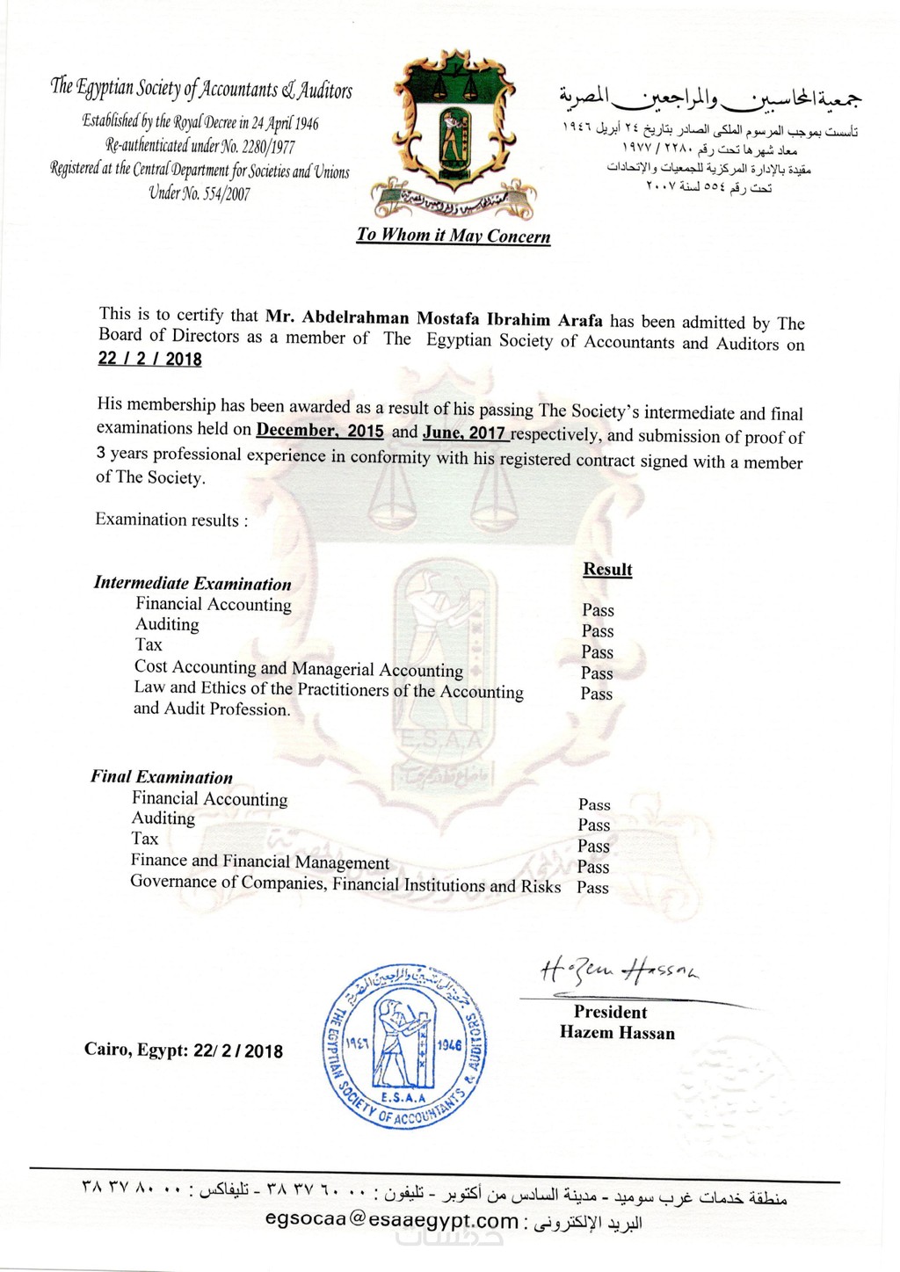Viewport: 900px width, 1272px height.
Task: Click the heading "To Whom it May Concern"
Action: (x=454, y=236)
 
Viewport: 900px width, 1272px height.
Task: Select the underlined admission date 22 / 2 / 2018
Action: (x=149, y=359)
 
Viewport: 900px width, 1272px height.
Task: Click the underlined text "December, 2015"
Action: (x=320, y=432)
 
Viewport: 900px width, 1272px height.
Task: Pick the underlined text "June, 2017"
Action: (x=464, y=432)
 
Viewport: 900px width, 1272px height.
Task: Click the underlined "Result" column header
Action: (x=607, y=570)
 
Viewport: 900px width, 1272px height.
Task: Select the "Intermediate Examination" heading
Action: (x=192, y=584)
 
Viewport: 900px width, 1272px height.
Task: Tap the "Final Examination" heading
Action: (x=162, y=777)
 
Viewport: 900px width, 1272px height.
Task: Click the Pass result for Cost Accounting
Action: (x=597, y=673)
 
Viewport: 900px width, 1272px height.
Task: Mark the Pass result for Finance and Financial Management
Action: (x=593, y=867)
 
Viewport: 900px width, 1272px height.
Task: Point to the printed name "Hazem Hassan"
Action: (x=617, y=1033)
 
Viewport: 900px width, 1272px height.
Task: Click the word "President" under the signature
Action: (x=610, y=1012)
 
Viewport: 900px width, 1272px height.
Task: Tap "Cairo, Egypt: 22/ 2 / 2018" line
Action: (x=184, y=1050)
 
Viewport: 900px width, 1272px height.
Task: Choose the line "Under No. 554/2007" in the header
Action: (x=200, y=194)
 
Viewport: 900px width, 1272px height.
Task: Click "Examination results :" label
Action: (x=171, y=520)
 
